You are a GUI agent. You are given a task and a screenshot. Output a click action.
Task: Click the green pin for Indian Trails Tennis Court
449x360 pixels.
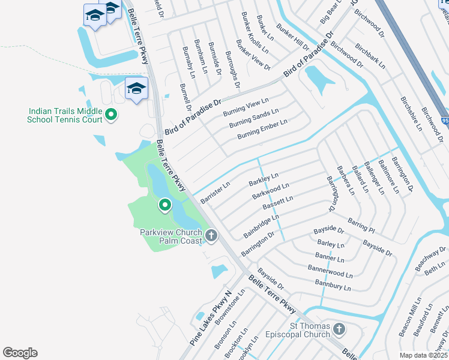coord(111,113)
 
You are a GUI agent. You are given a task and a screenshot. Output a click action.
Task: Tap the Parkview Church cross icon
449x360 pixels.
coord(211,236)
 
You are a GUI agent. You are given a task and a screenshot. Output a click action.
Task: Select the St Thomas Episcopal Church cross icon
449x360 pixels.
coord(339,329)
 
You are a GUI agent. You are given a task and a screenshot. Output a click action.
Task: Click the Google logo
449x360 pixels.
coord(20,353)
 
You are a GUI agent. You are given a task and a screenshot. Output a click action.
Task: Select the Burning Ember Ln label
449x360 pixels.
coord(262,129)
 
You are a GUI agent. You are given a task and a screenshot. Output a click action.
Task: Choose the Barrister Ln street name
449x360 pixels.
coord(215,193)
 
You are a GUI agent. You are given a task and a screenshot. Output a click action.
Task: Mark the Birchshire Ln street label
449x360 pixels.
coord(411,112)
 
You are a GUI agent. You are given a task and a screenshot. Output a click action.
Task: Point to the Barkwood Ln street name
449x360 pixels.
coord(271,192)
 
